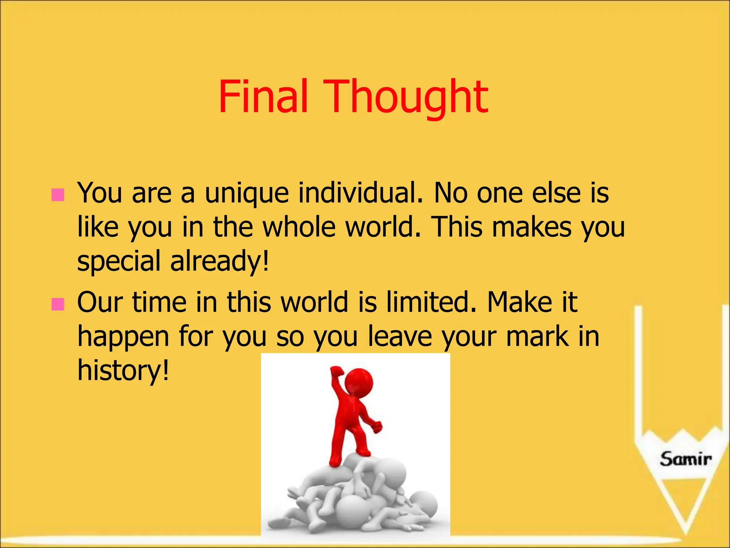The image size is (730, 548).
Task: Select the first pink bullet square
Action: point(58,195)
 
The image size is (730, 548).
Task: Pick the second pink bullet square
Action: point(58,304)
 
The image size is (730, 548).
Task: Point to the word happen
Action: point(123,337)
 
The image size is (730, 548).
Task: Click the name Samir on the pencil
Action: point(685,459)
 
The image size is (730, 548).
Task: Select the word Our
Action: point(100,302)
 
